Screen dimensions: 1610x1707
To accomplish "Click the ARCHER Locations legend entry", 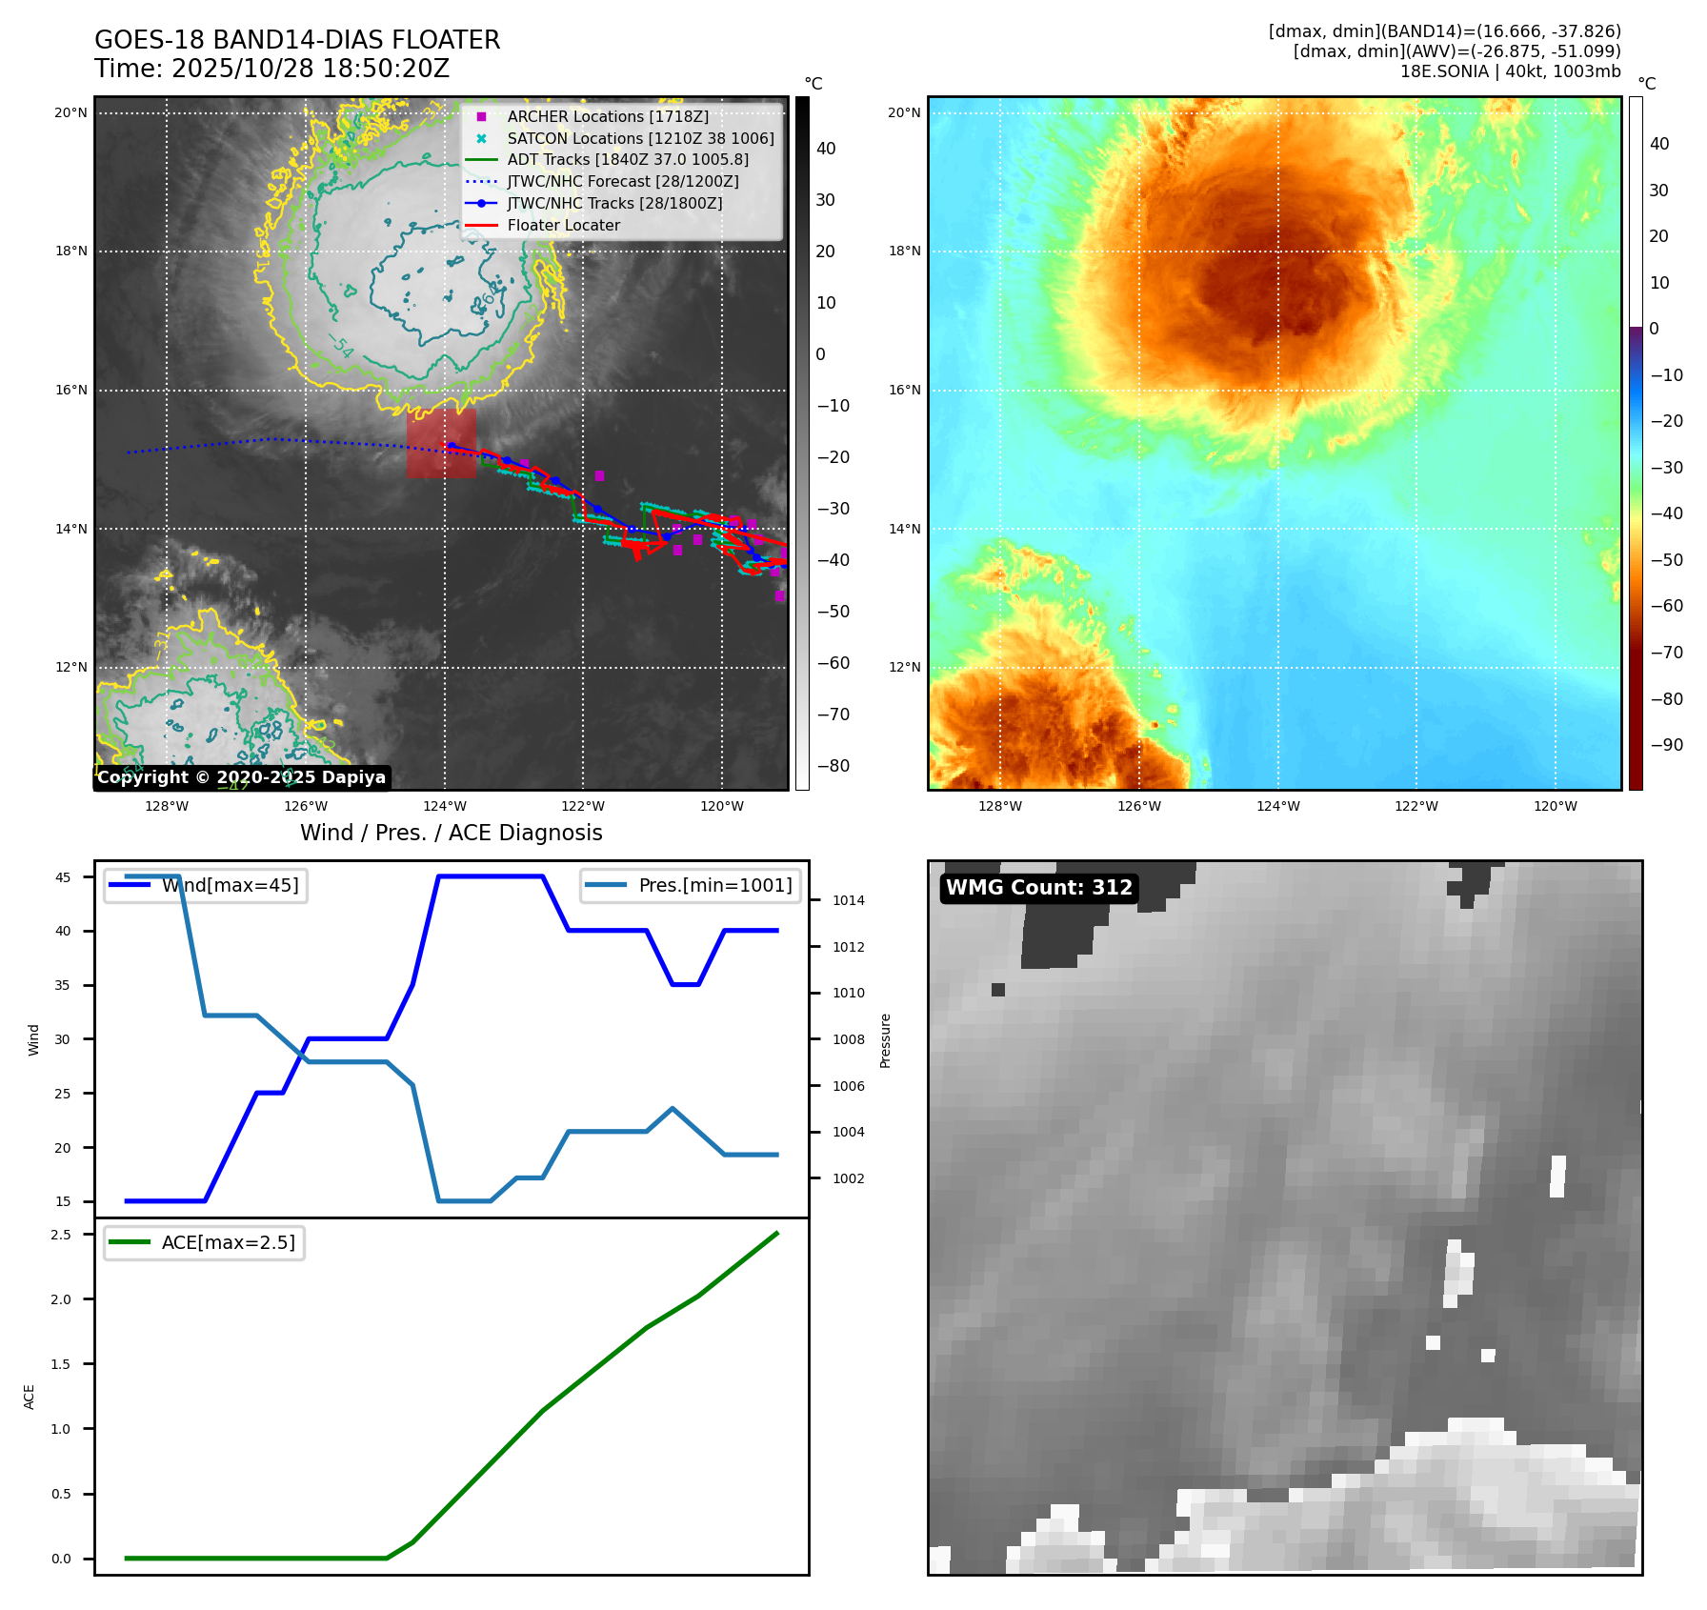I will pyautogui.click(x=607, y=116).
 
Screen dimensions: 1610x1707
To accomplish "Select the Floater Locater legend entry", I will pyautogui.click(x=563, y=225).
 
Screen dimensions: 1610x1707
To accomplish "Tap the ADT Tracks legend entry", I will pyautogui.click(x=627, y=159).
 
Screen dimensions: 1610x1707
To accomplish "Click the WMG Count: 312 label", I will pyautogui.click(x=1038, y=888).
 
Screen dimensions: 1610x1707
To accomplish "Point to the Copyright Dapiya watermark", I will pyautogui.click(x=241, y=777).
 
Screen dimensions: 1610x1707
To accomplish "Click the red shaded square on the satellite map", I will pyautogui.click(x=441, y=443).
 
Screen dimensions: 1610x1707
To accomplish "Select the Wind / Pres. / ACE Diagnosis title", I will pyautogui.click(x=451, y=833).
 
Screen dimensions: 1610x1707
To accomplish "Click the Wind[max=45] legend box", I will pyautogui.click(x=206, y=885).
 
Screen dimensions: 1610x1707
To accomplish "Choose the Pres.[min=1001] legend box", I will pyautogui.click(x=690, y=885).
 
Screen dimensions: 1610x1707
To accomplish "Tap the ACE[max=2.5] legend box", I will pyautogui.click(x=204, y=1242).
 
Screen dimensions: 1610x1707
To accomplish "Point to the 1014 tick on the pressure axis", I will pyautogui.click(x=848, y=900).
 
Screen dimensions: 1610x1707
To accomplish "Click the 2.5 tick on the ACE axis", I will pyautogui.click(x=61, y=1235).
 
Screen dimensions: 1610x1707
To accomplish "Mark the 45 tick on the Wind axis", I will pyautogui.click(x=63, y=877).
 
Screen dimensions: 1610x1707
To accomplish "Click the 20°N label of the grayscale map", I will pyautogui.click(x=70, y=112).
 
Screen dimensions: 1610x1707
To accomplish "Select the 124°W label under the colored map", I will pyautogui.click(x=1277, y=806).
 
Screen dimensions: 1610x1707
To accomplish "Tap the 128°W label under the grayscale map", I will pyautogui.click(x=167, y=806).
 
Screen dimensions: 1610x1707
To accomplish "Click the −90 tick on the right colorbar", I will pyautogui.click(x=1666, y=745).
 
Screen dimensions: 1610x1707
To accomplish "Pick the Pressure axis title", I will pyautogui.click(x=885, y=1039).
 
